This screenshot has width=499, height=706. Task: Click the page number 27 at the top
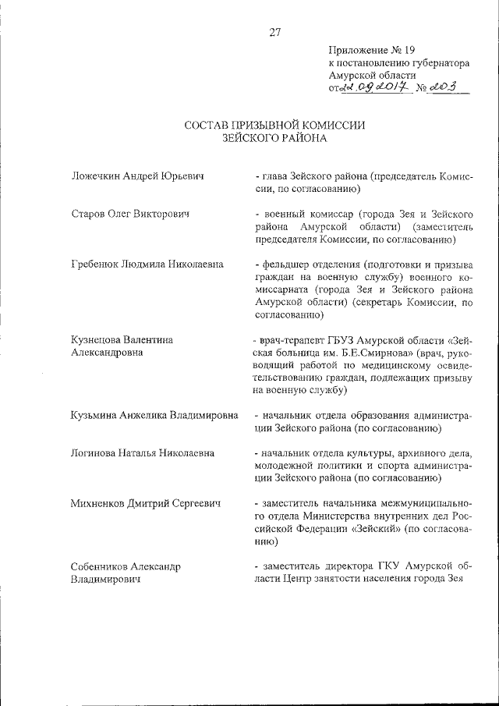pos(274,32)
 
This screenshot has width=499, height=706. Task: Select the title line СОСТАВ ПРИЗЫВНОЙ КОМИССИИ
pos(274,125)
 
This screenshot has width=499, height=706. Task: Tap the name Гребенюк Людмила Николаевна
pos(147,264)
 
